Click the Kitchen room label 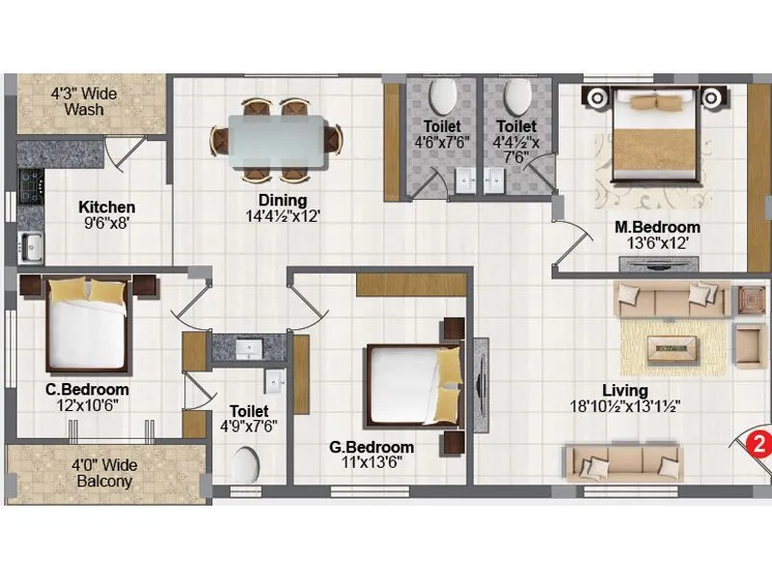[106, 207]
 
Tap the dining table [276, 139]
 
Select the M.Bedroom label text [658, 228]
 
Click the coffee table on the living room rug [673, 344]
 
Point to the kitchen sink [30, 246]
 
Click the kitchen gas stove [28, 186]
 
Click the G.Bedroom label [372, 447]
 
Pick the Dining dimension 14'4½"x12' [275, 216]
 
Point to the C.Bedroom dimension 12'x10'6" [87, 405]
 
